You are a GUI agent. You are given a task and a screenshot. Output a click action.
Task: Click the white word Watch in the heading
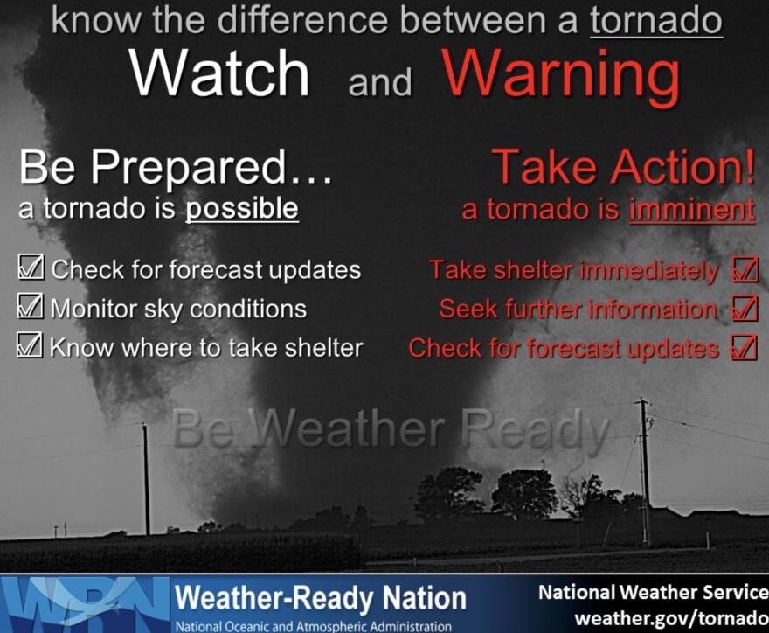coord(219,73)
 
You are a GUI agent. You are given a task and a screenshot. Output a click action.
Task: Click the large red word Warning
coord(561,76)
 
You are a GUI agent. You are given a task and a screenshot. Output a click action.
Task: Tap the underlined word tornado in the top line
coord(656,21)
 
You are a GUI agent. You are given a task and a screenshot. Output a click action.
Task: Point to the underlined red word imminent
coord(692,210)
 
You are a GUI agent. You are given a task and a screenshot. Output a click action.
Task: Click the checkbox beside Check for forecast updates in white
coord(31,268)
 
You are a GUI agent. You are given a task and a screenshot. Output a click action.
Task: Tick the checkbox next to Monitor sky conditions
coord(31,306)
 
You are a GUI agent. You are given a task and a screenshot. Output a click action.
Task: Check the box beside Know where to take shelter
coord(30,344)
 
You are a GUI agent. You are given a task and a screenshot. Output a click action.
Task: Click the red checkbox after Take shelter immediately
coord(745,269)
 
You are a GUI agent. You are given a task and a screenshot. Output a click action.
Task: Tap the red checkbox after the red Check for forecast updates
coord(744,347)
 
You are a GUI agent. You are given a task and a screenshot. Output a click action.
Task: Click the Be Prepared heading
coord(176,167)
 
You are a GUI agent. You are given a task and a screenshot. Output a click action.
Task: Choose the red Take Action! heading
coord(623,167)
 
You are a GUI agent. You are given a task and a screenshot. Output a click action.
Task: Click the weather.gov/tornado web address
coord(671,617)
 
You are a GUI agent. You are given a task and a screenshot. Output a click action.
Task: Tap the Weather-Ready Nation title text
coord(320,598)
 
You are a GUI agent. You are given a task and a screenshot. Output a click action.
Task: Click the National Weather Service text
coord(654,592)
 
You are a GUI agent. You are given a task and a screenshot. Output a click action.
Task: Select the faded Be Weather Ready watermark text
coord(391,429)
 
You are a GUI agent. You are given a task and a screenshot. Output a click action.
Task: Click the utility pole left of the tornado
coord(146,479)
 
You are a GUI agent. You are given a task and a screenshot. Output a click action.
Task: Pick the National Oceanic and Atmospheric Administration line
coord(314,626)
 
